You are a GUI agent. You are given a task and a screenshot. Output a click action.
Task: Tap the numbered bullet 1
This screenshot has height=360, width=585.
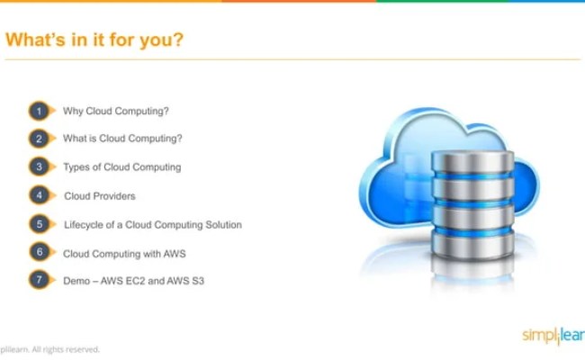[x=39, y=112]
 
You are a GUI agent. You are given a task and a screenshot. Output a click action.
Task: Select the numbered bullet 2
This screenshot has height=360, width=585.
[x=39, y=139]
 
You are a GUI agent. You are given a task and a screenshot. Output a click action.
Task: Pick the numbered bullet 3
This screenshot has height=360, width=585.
[x=39, y=166]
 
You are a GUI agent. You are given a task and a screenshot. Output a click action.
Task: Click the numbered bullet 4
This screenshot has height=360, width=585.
[x=39, y=195]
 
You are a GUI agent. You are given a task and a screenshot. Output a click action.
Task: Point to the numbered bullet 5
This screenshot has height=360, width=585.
[x=39, y=224]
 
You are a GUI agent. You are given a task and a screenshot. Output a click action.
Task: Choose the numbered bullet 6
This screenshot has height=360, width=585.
[x=39, y=252]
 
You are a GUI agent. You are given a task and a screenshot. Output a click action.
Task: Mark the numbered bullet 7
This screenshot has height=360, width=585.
[x=39, y=280]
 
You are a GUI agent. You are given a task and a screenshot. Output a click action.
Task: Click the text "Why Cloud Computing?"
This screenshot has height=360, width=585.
[x=116, y=112]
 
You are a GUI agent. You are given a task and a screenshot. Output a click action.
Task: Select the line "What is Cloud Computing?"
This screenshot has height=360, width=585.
[x=122, y=139]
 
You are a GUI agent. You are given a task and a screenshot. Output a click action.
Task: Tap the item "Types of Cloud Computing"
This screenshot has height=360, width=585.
[x=121, y=167]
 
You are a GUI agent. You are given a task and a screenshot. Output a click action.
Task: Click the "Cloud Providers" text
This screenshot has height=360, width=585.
[x=100, y=195]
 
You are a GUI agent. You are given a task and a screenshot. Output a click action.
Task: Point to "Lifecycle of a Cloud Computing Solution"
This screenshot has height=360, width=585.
[x=152, y=224]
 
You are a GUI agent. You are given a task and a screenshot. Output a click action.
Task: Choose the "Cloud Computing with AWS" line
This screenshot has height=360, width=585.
[x=124, y=253]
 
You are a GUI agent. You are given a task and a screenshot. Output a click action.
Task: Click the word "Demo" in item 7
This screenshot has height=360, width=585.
[x=75, y=281]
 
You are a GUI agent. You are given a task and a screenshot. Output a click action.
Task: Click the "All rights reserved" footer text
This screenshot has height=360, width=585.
[x=66, y=349]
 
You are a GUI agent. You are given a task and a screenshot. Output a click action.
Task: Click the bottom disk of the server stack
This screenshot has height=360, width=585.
[x=471, y=241]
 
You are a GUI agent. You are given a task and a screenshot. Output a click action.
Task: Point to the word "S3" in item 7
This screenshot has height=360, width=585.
[x=200, y=281]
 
